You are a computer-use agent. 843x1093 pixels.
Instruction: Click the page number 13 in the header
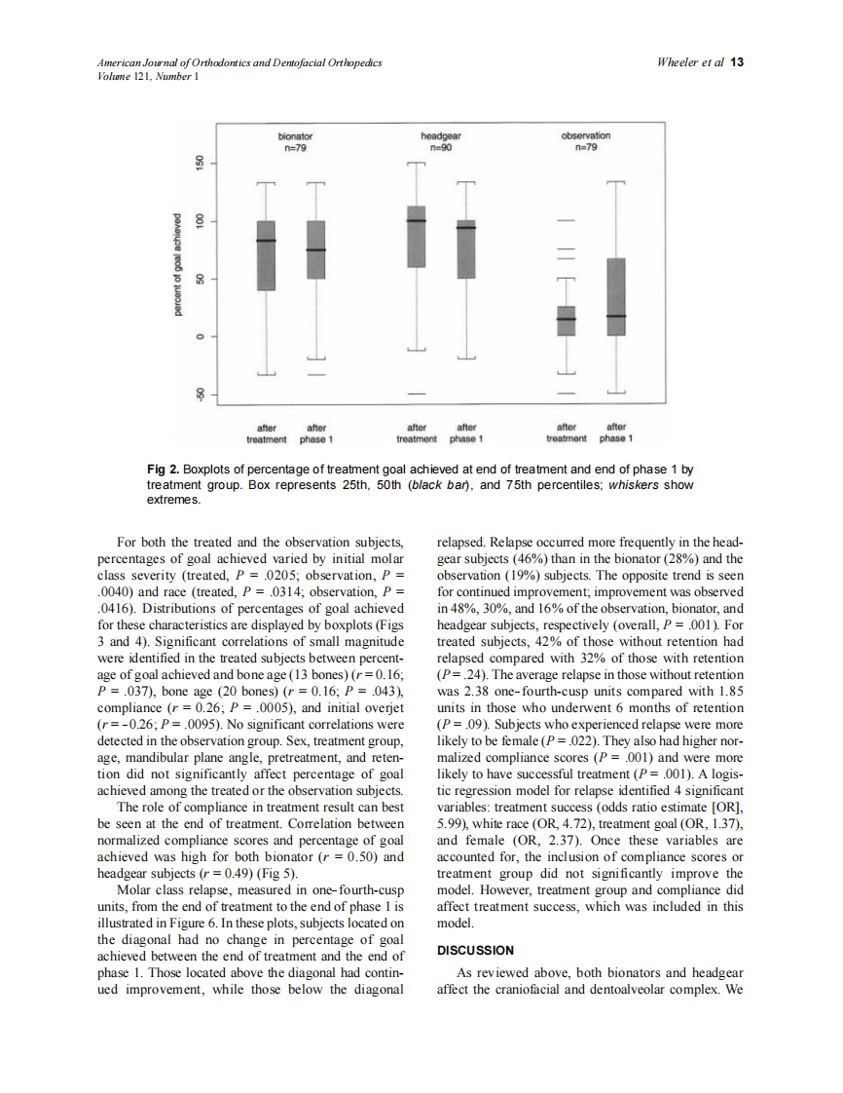point(737,62)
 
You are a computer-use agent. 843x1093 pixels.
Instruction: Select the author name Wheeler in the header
point(679,62)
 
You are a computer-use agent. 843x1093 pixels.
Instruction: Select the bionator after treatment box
point(266,255)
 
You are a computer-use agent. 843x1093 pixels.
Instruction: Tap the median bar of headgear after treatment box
point(417,221)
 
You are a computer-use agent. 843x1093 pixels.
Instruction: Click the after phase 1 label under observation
point(615,433)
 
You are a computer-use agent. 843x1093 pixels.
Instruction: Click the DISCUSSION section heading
point(476,950)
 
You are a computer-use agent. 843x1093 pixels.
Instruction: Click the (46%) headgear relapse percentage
point(533,559)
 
